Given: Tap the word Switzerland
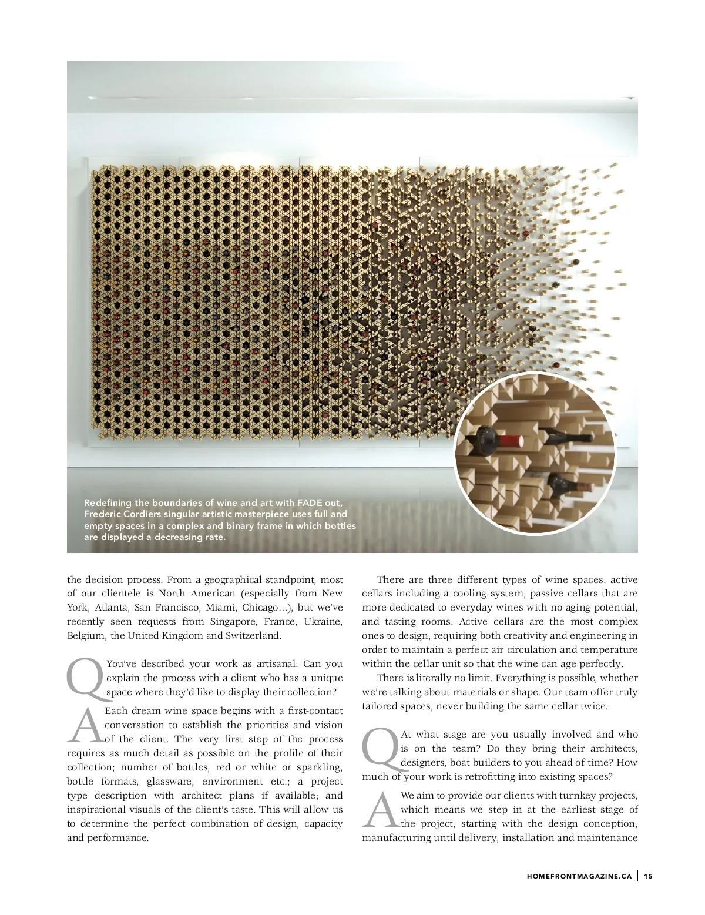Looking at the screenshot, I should click(253, 635).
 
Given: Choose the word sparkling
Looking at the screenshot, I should click(317, 767).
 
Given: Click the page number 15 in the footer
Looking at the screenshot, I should click(648, 876).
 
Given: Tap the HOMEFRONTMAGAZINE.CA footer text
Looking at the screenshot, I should click(579, 876).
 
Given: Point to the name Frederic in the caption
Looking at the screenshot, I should click(103, 514).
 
